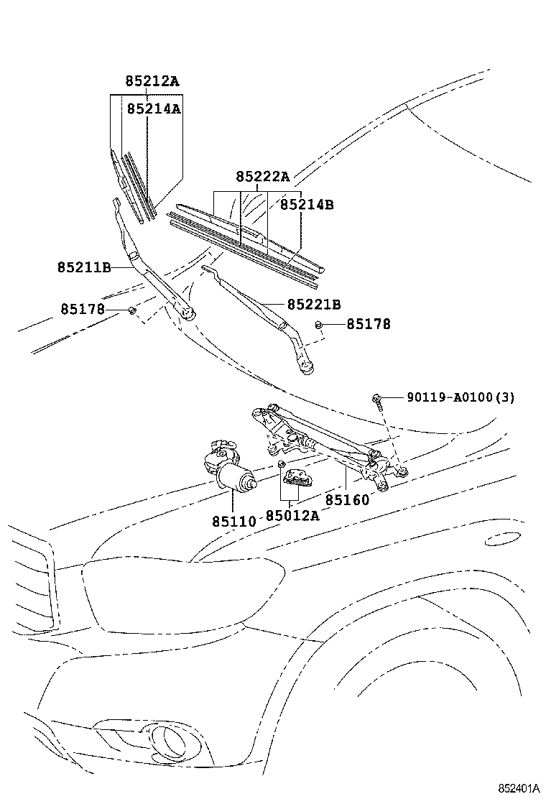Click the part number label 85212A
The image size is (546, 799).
(152, 81)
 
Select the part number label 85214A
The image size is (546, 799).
(153, 108)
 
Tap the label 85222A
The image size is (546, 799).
(262, 177)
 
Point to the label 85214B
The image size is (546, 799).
(307, 205)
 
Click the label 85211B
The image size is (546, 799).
(84, 267)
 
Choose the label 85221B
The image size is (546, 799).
(314, 305)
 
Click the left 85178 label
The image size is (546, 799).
(83, 309)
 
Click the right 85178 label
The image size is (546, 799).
(369, 324)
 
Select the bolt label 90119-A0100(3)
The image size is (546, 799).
(461, 397)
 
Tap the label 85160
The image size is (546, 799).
(347, 500)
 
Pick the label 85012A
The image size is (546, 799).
(292, 515)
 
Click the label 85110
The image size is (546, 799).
(233, 520)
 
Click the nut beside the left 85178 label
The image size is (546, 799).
(132, 310)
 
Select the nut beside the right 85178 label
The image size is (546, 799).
(318, 325)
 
